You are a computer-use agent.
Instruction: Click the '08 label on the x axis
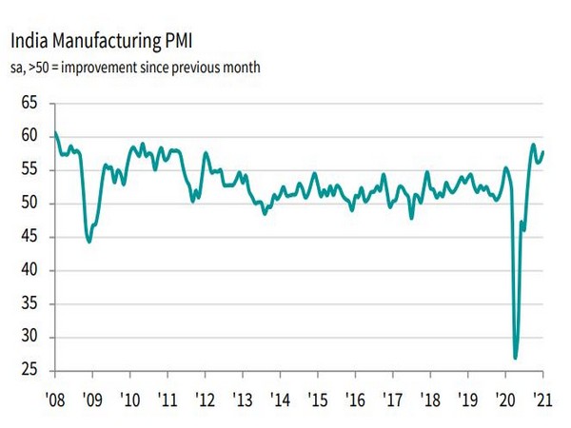coord(54,399)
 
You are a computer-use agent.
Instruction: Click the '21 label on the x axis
coord(541,399)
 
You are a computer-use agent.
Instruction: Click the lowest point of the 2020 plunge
coord(516,358)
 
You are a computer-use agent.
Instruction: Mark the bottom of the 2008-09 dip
coord(89,242)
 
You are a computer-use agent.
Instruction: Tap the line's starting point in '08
coord(55,133)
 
